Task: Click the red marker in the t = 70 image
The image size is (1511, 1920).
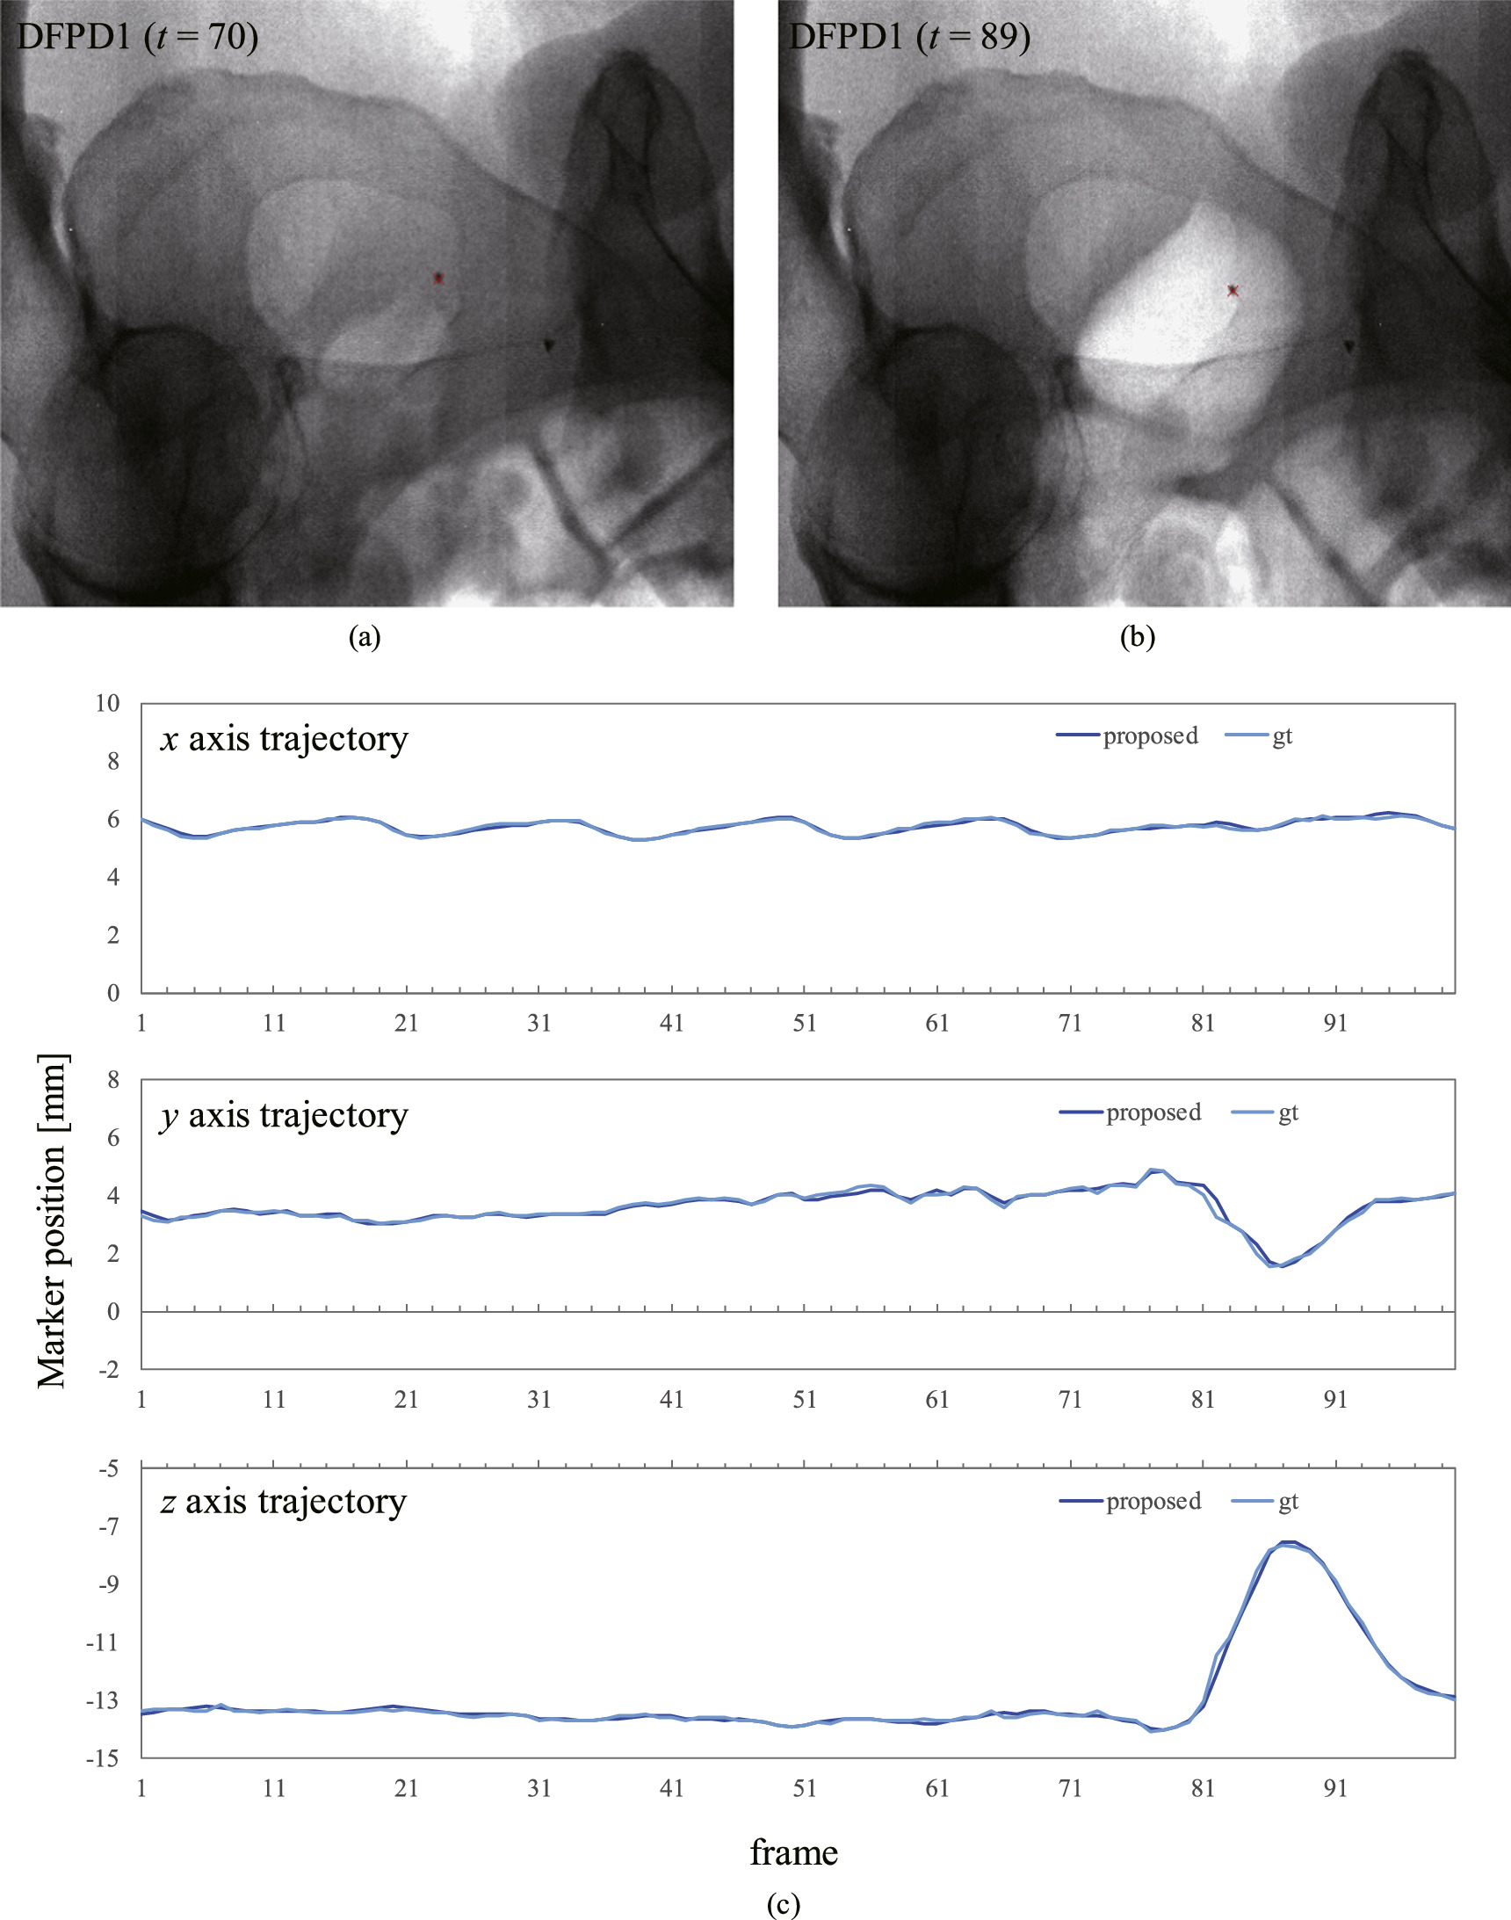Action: tap(437, 278)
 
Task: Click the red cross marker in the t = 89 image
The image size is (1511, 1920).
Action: tap(1233, 290)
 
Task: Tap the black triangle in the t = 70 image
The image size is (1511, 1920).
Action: tap(547, 346)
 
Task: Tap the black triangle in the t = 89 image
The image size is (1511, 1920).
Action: tap(1348, 346)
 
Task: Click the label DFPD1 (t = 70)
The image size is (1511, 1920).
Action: tap(137, 37)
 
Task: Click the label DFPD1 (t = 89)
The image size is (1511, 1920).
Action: tap(908, 37)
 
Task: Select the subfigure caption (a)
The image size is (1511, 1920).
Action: tap(365, 637)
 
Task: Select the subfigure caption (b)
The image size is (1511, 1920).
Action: tap(1137, 637)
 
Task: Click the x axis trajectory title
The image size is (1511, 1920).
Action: tap(284, 739)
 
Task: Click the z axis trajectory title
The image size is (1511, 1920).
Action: tap(283, 1502)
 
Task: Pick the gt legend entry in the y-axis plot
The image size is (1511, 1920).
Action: tap(1265, 1113)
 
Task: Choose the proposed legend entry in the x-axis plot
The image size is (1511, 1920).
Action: tap(1127, 736)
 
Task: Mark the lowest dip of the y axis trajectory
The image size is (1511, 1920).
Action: tap(1277, 1265)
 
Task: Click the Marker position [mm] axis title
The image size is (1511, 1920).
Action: tap(51, 1221)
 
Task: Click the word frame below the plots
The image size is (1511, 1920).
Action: tap(793, 1851)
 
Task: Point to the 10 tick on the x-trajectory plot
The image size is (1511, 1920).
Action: tap(107, 703)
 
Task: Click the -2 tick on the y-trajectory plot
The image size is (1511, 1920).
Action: tap(108, 1370)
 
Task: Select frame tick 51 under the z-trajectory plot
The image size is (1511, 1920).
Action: tap(804, 1788)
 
